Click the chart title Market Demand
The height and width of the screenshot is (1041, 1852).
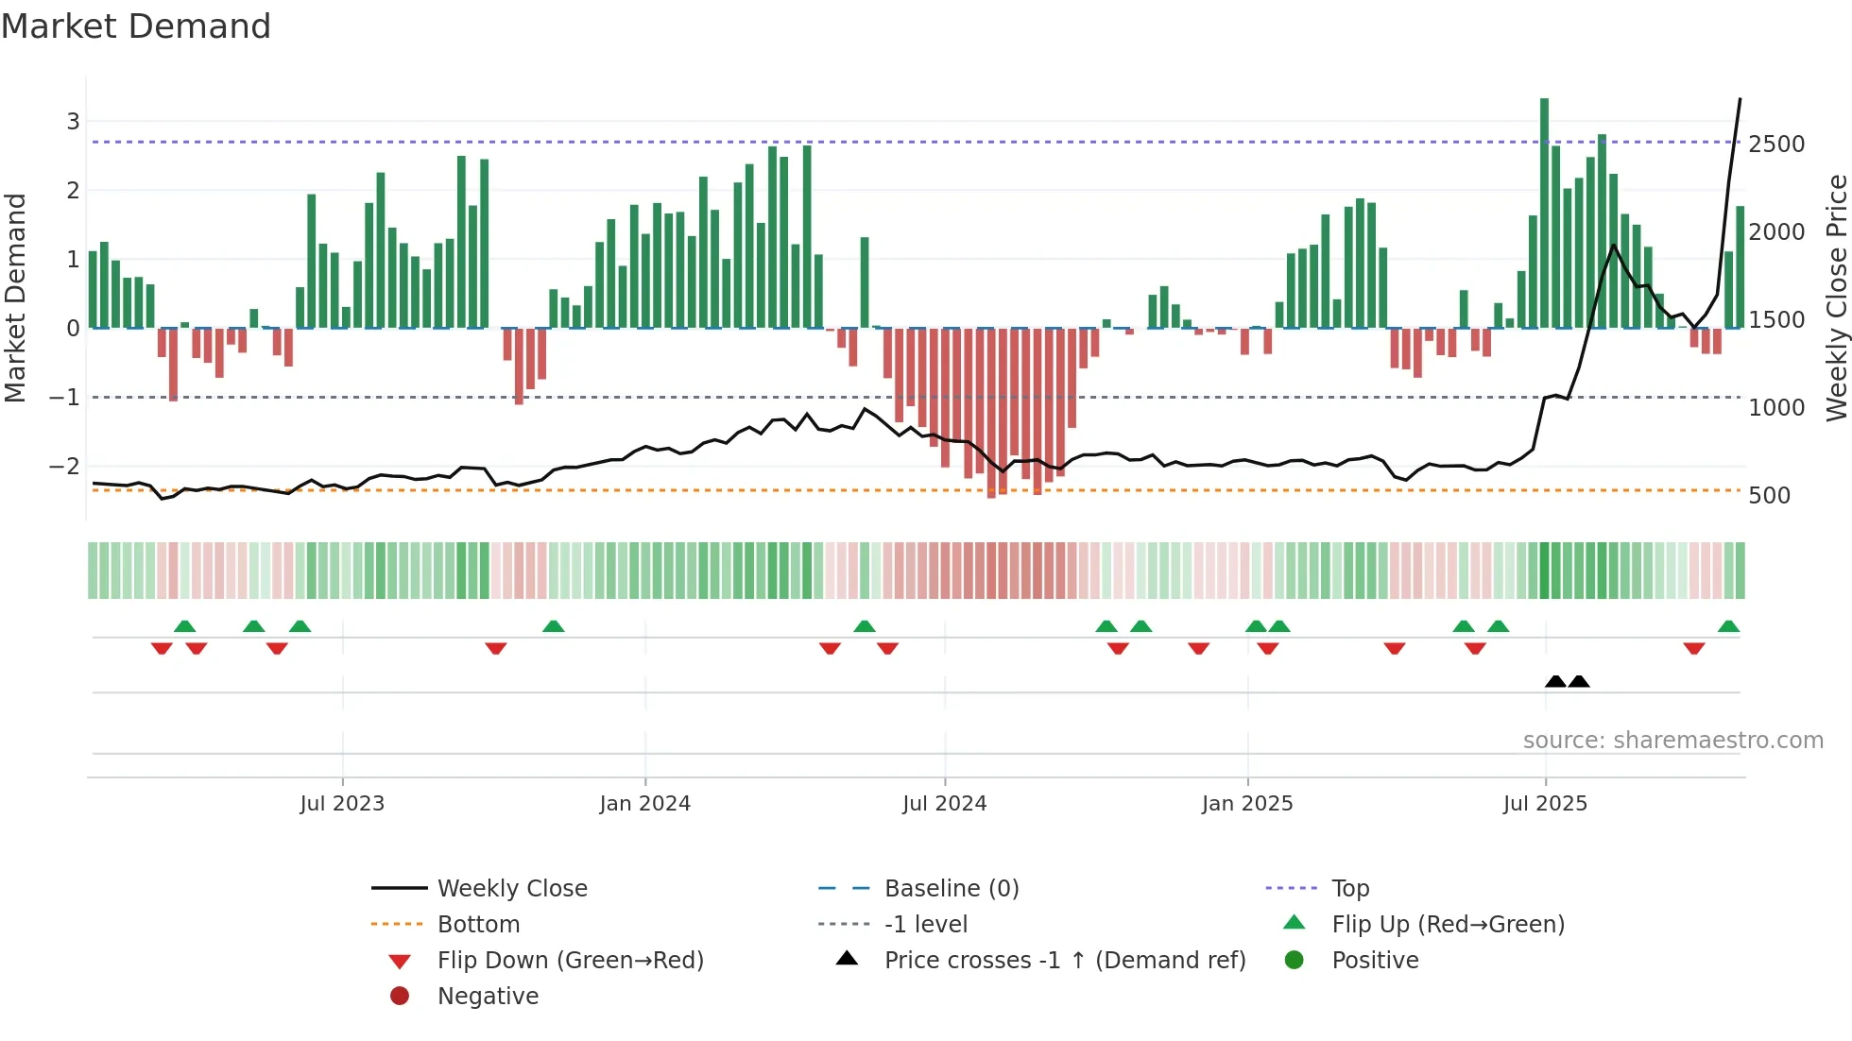(x=136, y=26)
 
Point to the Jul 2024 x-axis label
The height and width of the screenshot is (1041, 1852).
(x=944, y=804)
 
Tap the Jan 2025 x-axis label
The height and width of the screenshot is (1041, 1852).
(x=1246, y=804)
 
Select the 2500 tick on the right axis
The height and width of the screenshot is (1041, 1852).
(x=1776, y=145)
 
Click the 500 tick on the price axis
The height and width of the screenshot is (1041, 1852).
(x=1769, y=496)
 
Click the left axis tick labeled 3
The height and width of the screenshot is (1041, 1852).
(x=73, y=121)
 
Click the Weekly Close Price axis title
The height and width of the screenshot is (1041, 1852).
(x=1836, y=298)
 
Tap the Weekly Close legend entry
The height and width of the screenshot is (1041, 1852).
(x=511, y=889)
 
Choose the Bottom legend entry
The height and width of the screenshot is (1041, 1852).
(x=478, y=925)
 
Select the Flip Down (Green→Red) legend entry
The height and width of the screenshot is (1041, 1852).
(x=570, y=961)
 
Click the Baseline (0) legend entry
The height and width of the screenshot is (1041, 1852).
(x=951, y=889)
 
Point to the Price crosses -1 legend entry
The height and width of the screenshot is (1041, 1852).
(x=1064, y=961)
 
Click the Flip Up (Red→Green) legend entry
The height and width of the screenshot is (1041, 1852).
(x=1448, y=925)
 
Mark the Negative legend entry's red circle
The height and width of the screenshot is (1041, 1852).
(x=400, y=997)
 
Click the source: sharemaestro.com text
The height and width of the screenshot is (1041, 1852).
(x=1672, y=741)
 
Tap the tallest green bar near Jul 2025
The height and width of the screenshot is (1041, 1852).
(x=1544, y=213)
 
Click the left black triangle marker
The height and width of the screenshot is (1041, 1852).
(x=1555, y=681)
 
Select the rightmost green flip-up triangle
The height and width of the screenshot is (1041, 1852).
(x=1728, y=626)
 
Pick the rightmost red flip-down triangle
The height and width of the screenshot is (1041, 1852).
(x=1693, y=648)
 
